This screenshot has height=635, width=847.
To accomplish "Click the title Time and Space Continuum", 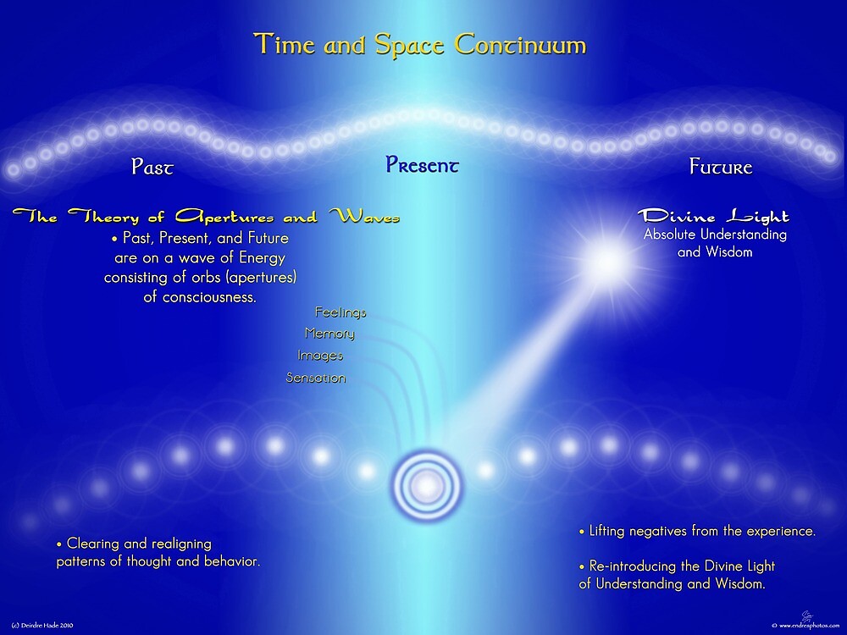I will (420, 44).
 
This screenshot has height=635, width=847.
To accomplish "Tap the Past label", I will (152, 167).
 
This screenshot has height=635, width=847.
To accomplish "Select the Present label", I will (422, 165).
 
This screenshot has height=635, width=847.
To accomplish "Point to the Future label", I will (721, 167).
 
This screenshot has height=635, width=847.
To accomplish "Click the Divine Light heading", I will (713, 217).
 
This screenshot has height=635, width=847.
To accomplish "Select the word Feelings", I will (340, 312).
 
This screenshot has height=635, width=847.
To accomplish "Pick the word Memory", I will (329, 334).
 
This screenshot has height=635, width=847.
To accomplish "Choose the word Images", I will (320, 356).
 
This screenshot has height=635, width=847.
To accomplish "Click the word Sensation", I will (316, 378).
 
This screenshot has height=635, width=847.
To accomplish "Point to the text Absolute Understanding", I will (715, 235).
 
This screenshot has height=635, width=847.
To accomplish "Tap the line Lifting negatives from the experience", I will (697, 532).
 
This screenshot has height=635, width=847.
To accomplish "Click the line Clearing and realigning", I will (133, 544).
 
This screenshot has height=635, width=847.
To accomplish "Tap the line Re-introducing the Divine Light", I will (677, 566).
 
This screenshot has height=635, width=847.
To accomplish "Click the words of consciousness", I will (200, 297).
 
